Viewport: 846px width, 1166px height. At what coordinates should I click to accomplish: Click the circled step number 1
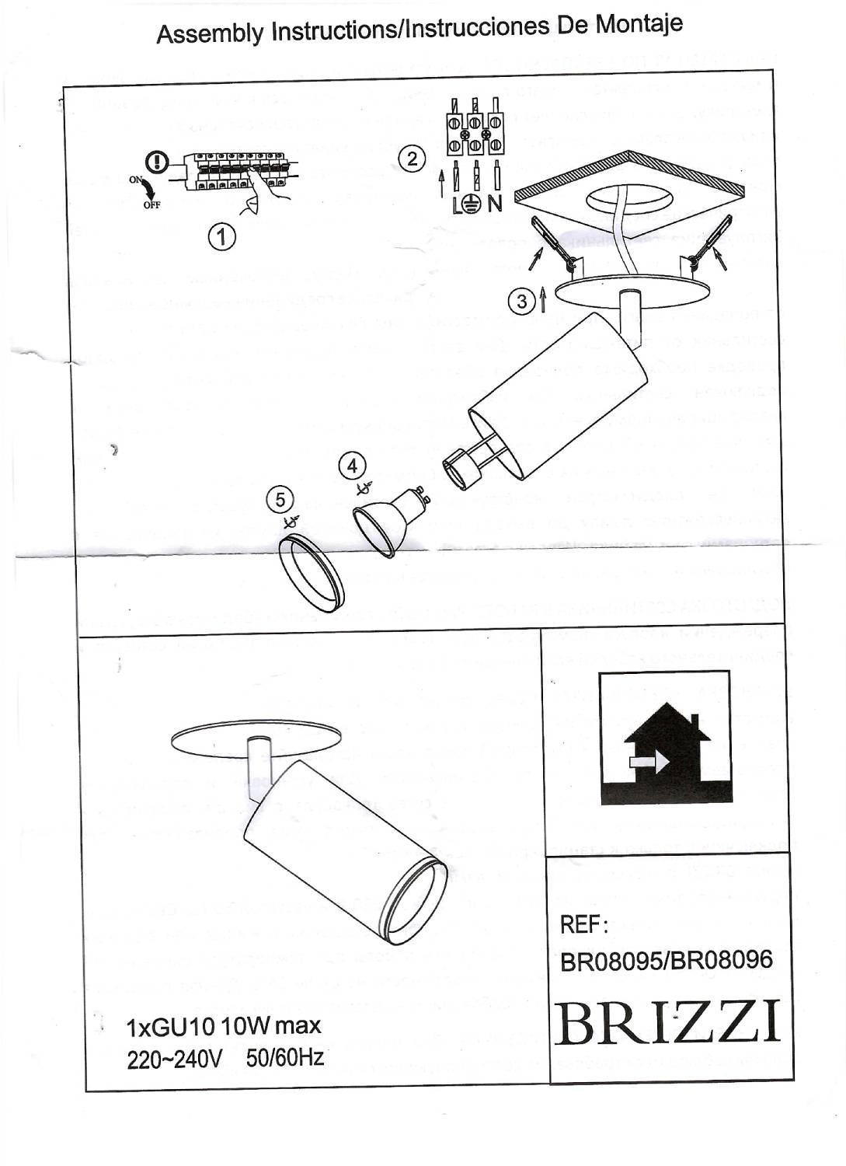pos(222,236)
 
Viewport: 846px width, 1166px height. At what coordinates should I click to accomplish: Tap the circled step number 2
pos(412,159)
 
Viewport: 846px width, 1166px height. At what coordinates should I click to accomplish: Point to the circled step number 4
pos(353,466)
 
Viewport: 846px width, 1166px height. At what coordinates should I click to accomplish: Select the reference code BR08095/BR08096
pos(667,961)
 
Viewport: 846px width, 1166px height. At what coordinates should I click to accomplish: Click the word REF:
pos(583,925)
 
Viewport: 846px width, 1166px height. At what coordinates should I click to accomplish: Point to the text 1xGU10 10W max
pos(223,1026)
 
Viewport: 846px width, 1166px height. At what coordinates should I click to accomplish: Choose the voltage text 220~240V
pos(175,1059)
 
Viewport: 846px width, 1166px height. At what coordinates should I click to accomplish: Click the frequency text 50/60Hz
pos(284,1058)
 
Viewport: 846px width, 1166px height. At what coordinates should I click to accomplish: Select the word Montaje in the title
pos(639,24)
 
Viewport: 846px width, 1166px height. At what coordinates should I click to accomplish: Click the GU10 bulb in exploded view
pos(388,519)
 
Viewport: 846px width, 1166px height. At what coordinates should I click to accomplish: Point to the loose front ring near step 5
pos(312,574)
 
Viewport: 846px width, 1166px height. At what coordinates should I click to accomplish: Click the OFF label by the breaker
pos(151,205)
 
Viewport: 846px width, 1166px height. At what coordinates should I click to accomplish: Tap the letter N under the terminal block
pos(495,204)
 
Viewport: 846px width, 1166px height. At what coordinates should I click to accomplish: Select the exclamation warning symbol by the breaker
pos(158,162)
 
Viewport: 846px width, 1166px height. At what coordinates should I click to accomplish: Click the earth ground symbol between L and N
pos(470,204)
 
